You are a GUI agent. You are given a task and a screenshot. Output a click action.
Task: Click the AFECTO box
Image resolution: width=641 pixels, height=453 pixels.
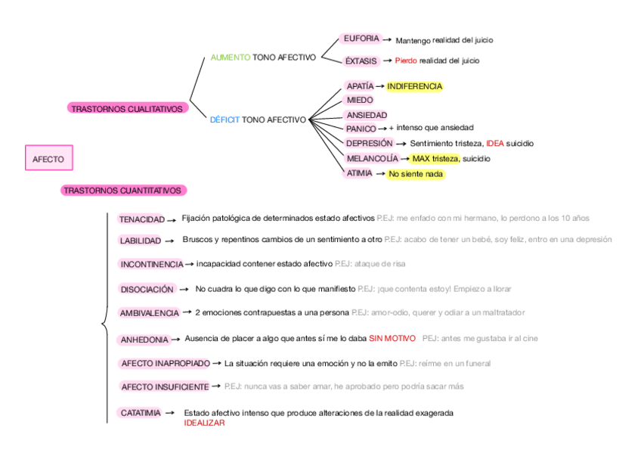click(x=48, y=159)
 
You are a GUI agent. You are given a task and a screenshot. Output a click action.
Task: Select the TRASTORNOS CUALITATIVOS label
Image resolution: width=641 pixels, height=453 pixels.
click(x=127, y=109)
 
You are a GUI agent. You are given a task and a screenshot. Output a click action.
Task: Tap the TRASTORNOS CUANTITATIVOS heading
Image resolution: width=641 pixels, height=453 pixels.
click(x=122, y=191)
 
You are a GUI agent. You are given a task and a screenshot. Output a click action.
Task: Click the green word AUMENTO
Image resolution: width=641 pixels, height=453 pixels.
click(x=230, y=57)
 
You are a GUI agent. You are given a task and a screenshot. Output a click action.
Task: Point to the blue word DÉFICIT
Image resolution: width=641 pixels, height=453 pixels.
click(x=225, y=119)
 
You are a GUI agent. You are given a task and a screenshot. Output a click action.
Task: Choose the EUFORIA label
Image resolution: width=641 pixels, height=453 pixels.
click(x=361, y=39)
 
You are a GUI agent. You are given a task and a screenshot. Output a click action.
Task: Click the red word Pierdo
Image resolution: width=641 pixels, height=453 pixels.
click(x=405, y=61)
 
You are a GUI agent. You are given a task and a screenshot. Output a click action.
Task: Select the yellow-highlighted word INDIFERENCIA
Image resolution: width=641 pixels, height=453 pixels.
click(x=414, y=86)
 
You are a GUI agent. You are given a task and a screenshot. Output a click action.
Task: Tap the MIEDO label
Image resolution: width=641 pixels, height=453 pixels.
click(x=359, y=100)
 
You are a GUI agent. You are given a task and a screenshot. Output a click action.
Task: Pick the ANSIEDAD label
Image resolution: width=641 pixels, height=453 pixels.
click(x=366, y=115)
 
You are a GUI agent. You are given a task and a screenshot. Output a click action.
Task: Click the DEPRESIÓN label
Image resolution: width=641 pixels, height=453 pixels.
click(x=369, y=143)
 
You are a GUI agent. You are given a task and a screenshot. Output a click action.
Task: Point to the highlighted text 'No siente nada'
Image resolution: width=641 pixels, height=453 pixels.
click(x=415, y=174)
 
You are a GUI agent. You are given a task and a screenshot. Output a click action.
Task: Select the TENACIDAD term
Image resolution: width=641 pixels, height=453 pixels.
click(x=141, y=219)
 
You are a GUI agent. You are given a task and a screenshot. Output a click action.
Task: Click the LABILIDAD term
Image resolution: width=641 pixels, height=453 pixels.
click(x=140, y=240)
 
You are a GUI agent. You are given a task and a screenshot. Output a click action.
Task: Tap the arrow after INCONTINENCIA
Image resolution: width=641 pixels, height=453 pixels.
click(x=190, y=264)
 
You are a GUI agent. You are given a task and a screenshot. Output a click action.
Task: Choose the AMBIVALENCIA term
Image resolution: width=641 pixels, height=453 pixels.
click(x=149, y=312)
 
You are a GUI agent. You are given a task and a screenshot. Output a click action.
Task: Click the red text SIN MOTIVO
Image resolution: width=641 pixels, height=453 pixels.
click(x=392, y=338)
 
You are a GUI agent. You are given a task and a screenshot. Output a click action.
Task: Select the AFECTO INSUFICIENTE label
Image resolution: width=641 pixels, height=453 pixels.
click(x=165, y=386)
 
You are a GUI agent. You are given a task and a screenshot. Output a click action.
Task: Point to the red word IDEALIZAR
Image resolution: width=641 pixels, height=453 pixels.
click(x=204, y=423)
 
